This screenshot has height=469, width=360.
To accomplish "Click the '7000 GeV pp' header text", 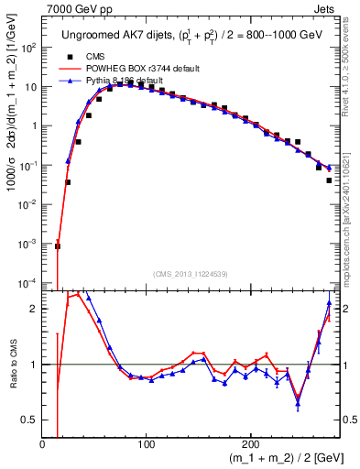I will point(78,9).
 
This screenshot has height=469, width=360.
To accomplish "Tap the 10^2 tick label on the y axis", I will point(28,47).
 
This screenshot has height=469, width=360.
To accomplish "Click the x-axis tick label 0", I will point(43,444).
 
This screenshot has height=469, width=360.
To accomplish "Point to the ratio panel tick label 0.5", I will point(30,420).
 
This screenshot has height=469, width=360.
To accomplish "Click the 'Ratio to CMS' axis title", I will point(12,364).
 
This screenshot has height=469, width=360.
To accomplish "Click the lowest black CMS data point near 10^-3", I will point(58,245).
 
